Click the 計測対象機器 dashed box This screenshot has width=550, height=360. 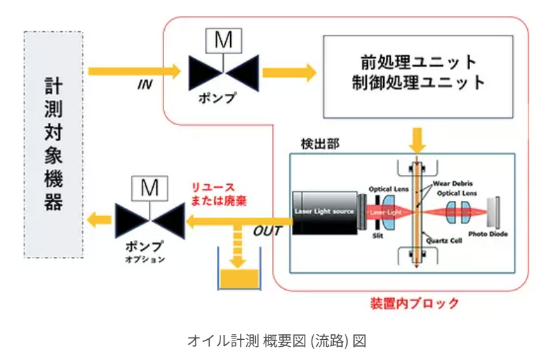[53, 144]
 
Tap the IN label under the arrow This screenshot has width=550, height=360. [145, 84]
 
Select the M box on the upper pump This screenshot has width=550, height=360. [223, 42]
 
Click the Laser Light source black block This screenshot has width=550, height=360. [324, 211]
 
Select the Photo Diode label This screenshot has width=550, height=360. [487, 234]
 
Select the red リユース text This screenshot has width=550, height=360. [213, 188]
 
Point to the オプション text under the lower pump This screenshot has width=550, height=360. [147, 260]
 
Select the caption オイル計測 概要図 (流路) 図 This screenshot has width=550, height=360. [275, 341]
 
